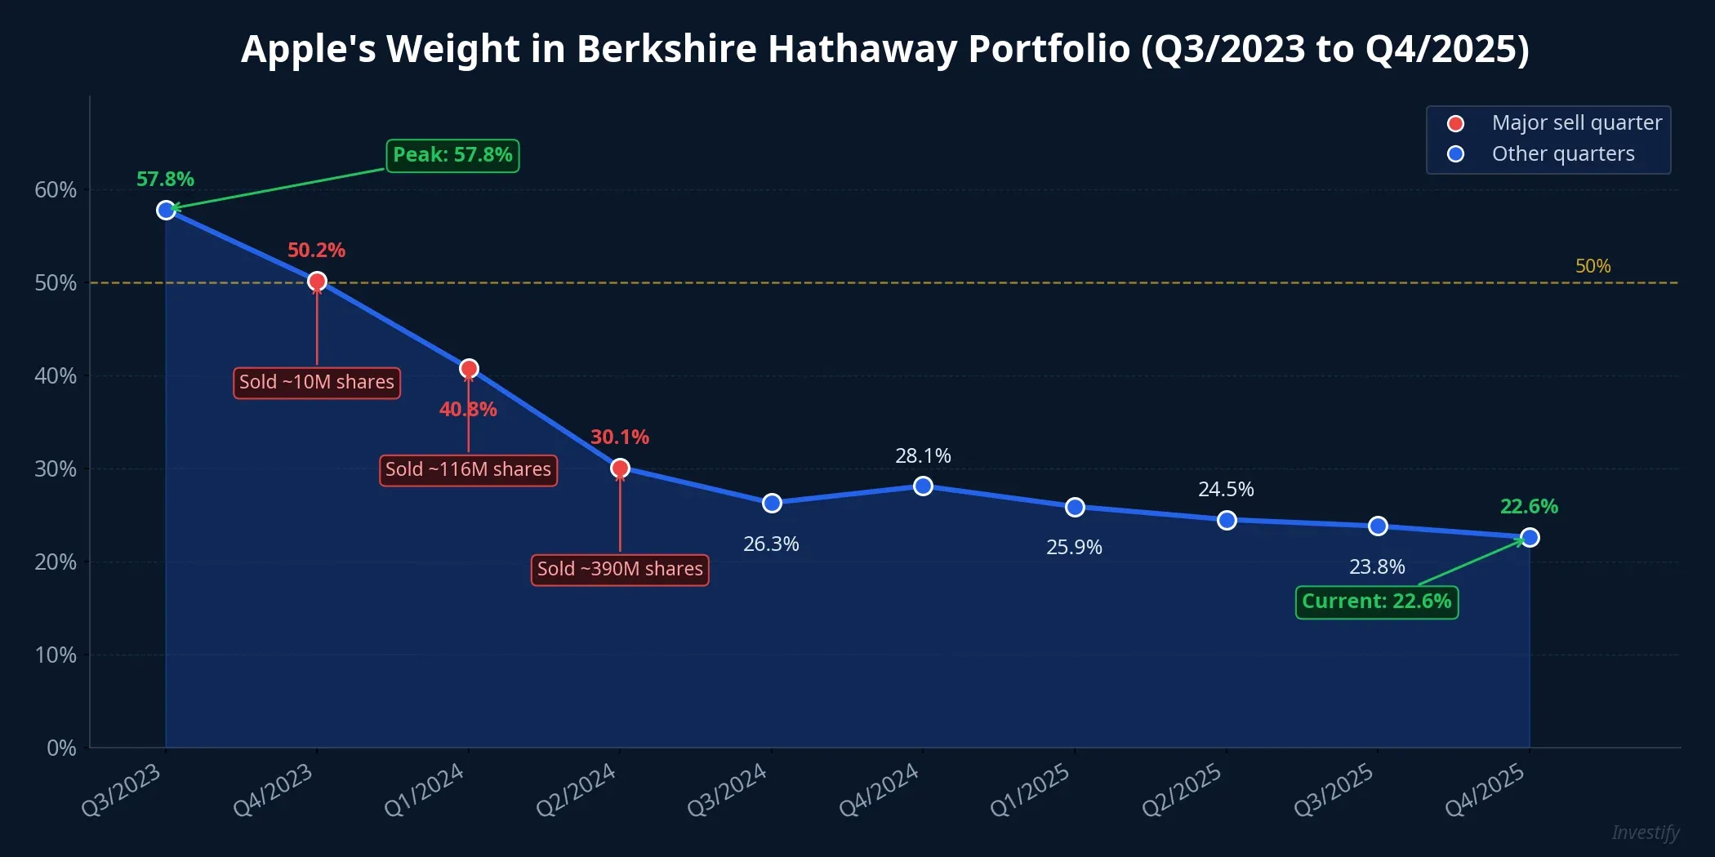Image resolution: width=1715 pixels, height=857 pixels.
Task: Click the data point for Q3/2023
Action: tap(166, 211)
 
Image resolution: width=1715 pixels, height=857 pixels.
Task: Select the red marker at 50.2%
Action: tap(317, 282)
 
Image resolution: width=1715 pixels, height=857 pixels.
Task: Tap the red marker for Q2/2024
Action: tap(620, 468)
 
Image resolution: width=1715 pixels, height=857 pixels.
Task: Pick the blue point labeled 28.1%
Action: tap(923, 486)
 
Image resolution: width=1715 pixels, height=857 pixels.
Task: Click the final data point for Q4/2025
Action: tap(1530, 537)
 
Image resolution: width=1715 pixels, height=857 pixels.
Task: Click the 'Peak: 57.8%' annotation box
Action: tap(452, 155)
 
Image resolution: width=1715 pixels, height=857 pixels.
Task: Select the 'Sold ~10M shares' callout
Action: tap(317, 382)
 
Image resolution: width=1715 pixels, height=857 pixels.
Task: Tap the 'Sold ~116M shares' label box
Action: tap(468, 470)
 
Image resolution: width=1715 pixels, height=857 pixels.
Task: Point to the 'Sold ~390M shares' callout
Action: tap(620, 569)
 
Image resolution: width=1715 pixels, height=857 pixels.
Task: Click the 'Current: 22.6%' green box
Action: tap(1376, 602)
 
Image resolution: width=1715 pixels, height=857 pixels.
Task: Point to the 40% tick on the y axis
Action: tap(56, 376)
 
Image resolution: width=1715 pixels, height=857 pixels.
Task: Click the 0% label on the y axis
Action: tap(61, 748)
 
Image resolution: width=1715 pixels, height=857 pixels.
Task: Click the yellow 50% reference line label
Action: tap(1592, 266)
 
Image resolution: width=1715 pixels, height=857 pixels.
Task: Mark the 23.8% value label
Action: tap(1377, 566)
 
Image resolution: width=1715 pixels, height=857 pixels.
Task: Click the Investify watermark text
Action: tap(1645, 833)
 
